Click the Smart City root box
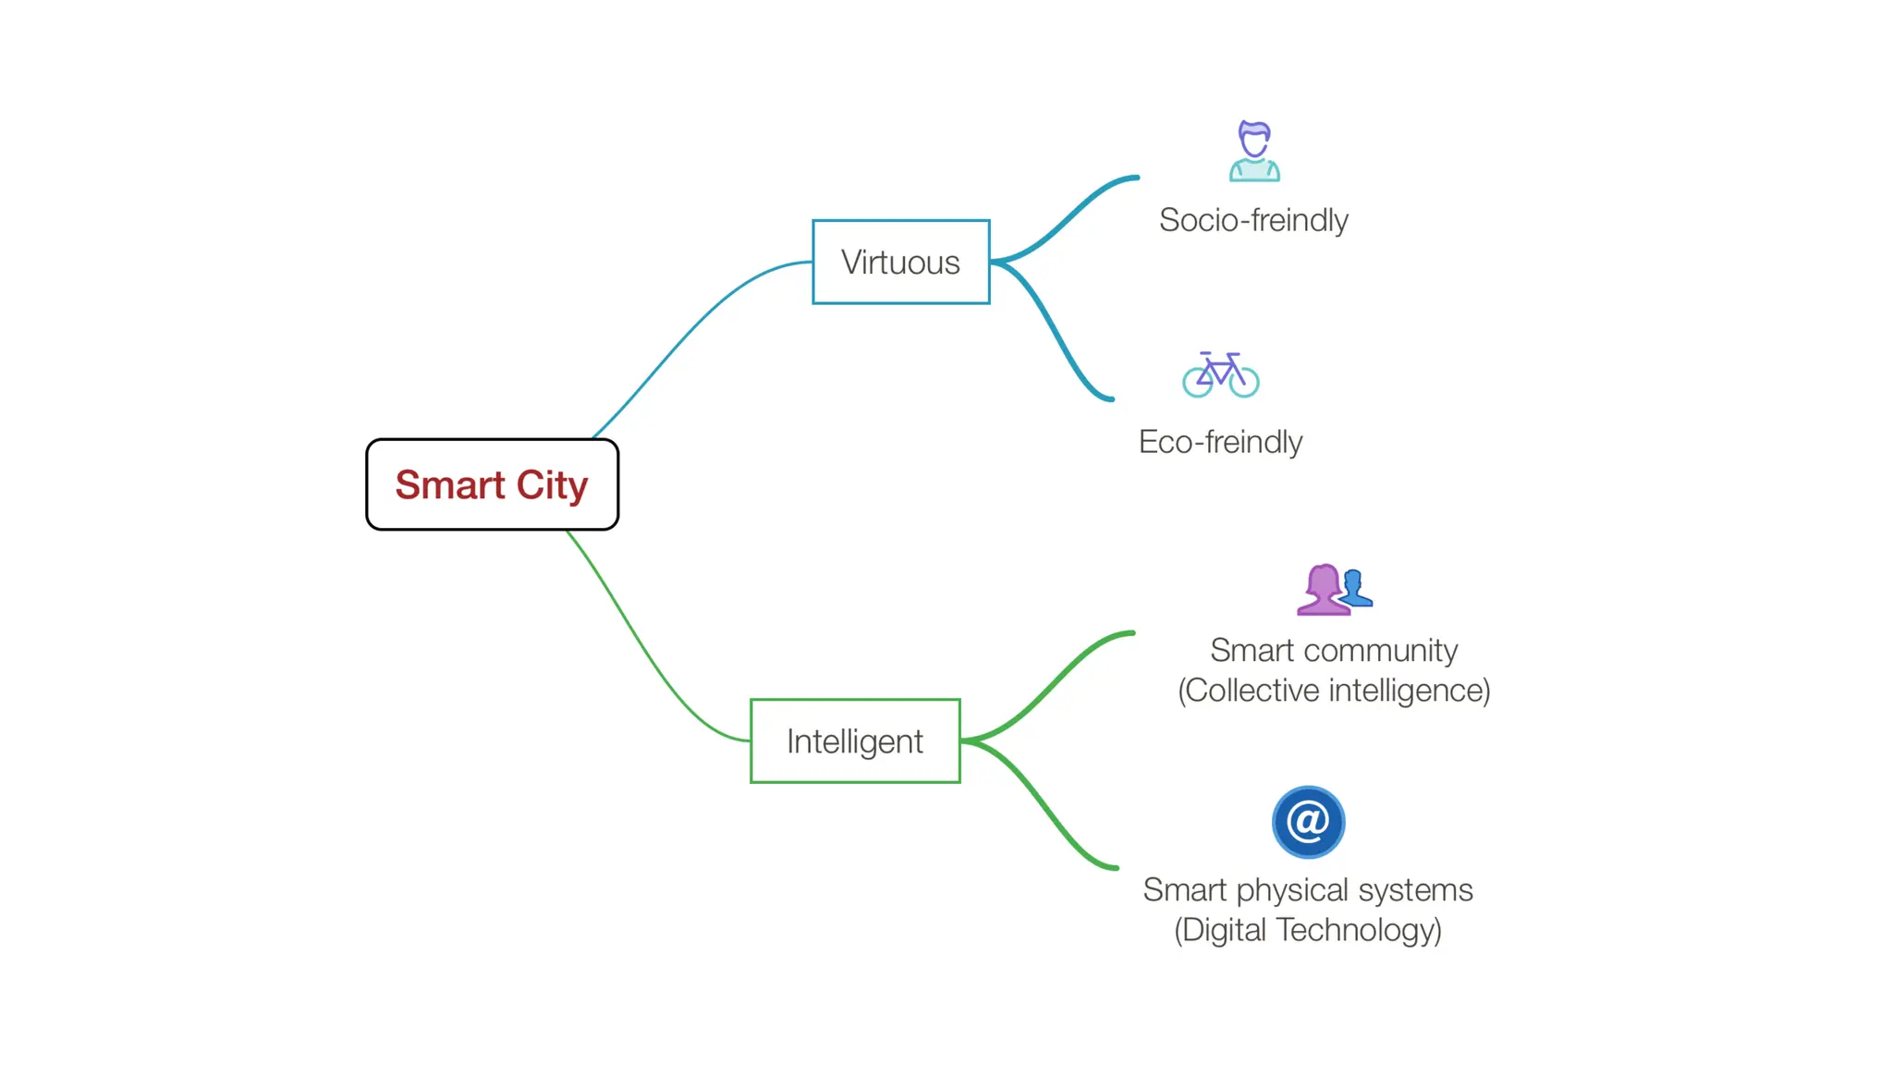pos(492,484)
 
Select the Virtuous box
pos(900,262)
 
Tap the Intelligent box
pos(855,741)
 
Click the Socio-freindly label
pos(1253,220)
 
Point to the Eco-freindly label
pos(1220,442)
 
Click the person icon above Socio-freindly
pos(1254,151)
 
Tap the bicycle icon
pos(1220,374)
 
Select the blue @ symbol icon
pos(1308,822)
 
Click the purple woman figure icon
pos(1323,590)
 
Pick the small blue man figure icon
pos(1355,589)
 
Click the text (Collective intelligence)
pos(1334,691)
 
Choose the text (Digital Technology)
pos(1308,930)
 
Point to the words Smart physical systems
pos(1308,889)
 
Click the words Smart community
pos(1334,650)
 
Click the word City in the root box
pos(552,485)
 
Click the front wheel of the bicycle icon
pos(1244,382)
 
